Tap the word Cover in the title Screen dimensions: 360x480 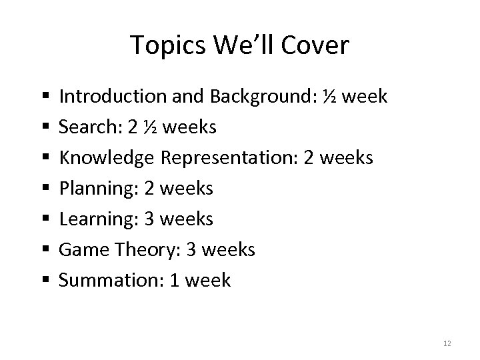[x=317, y=46]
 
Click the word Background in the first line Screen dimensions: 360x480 [x=259, y=97]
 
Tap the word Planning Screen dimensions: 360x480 [x=90, y=189]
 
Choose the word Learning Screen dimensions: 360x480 [x=90, y=219]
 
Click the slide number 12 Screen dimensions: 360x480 [x=447, y=343]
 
